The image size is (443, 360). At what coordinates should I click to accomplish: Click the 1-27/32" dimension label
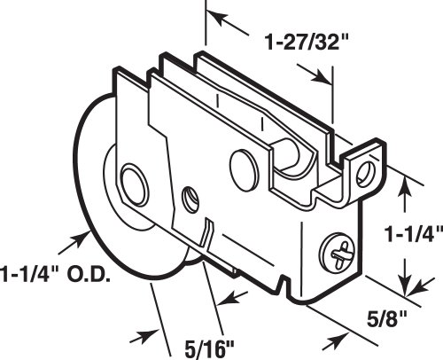point(306,43)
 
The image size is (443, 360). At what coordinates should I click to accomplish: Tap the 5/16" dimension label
point(209,348)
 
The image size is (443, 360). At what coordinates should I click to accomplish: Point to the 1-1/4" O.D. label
point(55,275)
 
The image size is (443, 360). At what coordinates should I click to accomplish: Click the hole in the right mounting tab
point(366,174)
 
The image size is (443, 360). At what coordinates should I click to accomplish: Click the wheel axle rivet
point(135,184)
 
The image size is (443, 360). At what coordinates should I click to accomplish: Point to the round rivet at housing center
point(244,169)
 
